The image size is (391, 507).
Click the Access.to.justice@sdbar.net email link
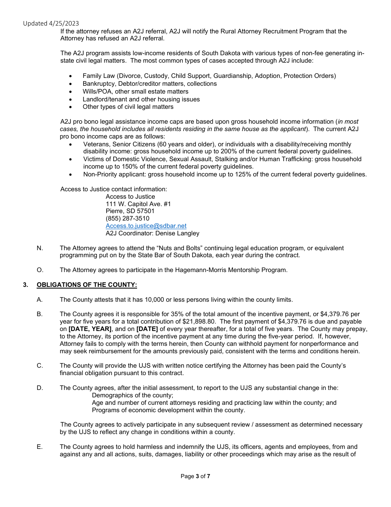[x=146, y=226]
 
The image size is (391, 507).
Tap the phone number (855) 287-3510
[x=127, y=218]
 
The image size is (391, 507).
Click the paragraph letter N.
[x=40, y=248]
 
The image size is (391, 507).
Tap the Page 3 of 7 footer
[x=195, y=476]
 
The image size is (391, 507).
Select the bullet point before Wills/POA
[x=71, y=92]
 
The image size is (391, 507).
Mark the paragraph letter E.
[x=40, y=447]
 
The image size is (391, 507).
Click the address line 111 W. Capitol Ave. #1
[x=138, y=204]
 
